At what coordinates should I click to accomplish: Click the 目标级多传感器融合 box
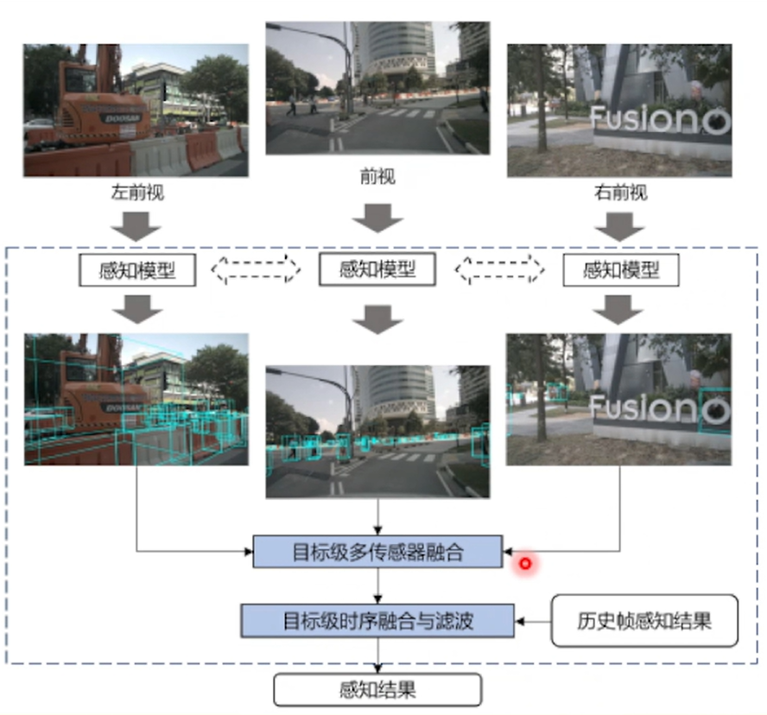click(x=377, y=552)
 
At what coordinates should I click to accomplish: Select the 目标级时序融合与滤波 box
click(x=377, y=619)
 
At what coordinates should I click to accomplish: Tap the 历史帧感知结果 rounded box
click(x=644, y=620)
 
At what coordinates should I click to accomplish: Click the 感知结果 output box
click(x=377, y=689)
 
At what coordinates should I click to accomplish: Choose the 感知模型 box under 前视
click(x=378, y=269)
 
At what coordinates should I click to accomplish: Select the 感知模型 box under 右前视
click(x=621, y=270)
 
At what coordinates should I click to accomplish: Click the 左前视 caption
click(x=137, y=193)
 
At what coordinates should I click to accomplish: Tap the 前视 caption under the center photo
click(x=377, y=177)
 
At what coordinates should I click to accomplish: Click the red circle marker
click(x=524, y=565)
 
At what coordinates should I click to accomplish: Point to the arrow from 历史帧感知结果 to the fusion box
click(x=533, y=619)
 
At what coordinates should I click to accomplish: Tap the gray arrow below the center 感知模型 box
click(x=377, y=317)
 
